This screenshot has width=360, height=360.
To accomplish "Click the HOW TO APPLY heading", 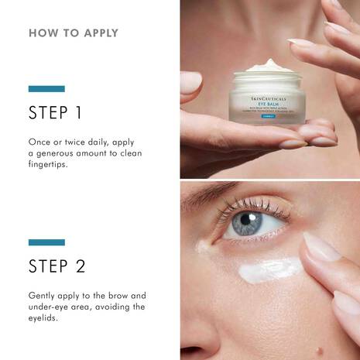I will (x=73, y=33).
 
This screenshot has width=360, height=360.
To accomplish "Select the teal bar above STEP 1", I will (x=46, y=89).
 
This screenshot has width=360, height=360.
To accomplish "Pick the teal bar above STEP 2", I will (x=46, y=242).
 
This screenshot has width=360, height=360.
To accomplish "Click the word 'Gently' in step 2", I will (x=43, y=296).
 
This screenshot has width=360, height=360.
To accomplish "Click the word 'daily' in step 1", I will (x=101, y=142).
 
